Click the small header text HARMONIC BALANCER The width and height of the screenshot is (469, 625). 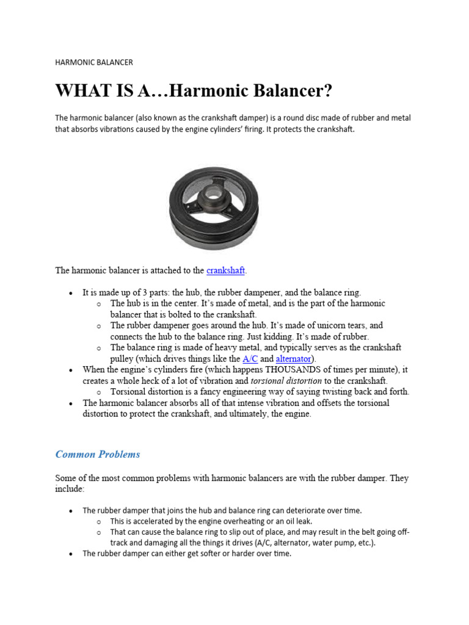(93, 62)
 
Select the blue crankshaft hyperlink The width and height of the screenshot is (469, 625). (225, 270)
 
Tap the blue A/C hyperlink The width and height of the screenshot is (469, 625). (250, 359)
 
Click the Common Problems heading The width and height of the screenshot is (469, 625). (98, 454)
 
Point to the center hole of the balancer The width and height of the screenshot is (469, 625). (213, 196)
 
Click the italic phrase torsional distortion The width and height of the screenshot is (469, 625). (286, 381)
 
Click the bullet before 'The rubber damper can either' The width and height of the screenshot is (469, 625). (71, 554)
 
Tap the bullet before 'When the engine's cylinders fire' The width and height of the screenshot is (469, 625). (71, 370)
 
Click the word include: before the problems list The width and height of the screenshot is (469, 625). (70, 490)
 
